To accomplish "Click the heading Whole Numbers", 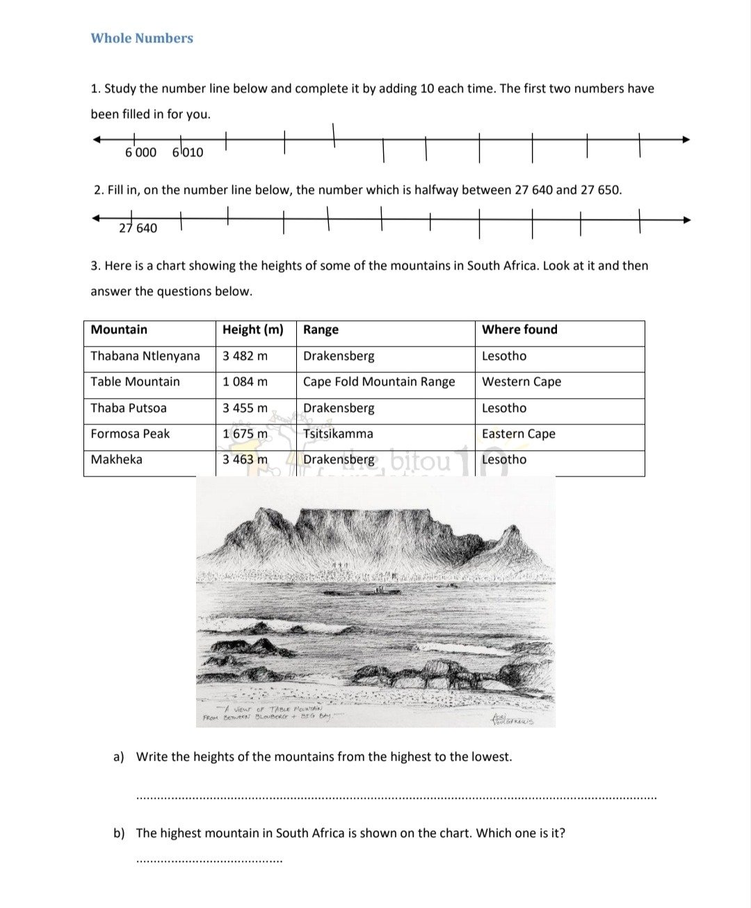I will [142, 38].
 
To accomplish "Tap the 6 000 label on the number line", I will [140, 152].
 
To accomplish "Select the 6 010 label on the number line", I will [188, 152].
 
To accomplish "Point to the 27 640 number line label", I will [138, 228].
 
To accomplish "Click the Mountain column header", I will [119, 330].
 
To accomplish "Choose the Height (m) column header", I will [252, 330].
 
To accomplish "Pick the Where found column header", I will [519, 330].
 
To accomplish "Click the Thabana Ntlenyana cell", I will [145, 356].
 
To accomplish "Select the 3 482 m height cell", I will [245, 356].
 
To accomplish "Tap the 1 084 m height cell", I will [245, 382].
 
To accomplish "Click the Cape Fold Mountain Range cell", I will [379, 382].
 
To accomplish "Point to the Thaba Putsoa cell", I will [129, 408].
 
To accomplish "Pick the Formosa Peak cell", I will [130, 434].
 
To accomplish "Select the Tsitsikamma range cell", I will [338, 434].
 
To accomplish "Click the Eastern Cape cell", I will [519, 434].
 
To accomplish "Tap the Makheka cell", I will [116, 460].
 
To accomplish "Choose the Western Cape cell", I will [522, 382].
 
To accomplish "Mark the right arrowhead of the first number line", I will [686, 140].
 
